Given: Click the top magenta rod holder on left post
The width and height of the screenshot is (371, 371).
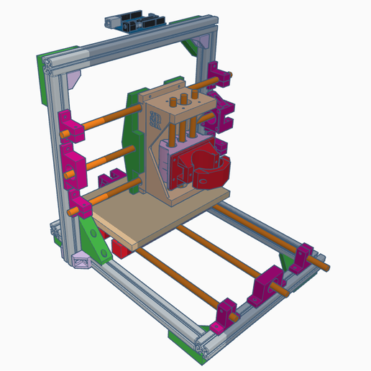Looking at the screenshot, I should (x=65, y=125).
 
